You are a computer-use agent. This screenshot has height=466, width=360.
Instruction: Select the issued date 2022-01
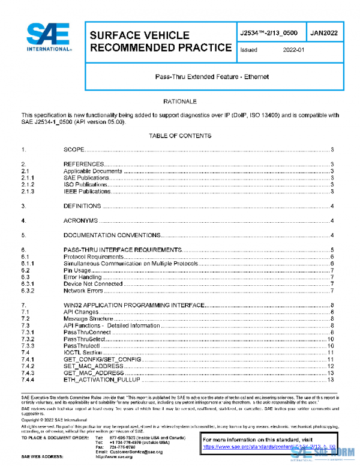coord(294,50)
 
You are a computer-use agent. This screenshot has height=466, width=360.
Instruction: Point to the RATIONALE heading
coord(180,102)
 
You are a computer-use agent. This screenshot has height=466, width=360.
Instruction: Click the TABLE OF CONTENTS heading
coord(180,136)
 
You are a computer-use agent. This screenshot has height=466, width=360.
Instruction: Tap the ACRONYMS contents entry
coord(80,221)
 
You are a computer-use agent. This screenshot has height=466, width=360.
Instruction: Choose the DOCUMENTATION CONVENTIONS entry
coord(112,235)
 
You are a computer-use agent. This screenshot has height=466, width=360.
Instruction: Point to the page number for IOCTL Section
coord(331,353)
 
